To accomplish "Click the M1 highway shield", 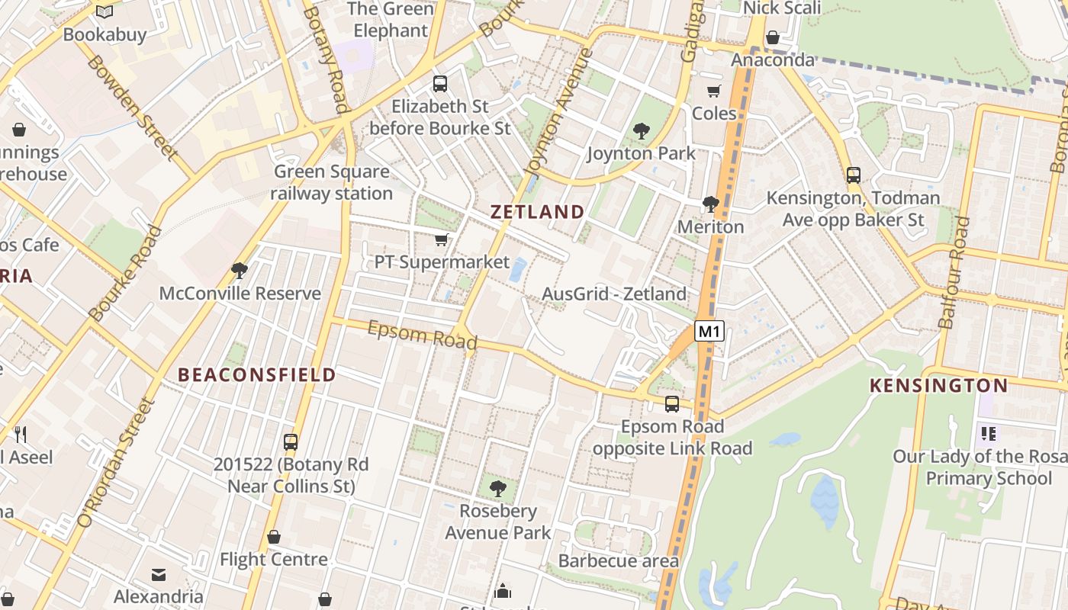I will tap(709, 331).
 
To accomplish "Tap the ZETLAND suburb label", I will tap(538, 212).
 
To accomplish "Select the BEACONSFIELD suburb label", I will tap(256, 374).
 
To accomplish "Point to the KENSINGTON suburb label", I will tap(938, 385).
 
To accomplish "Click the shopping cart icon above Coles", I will tap(713, 91).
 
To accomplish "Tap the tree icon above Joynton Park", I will tap(641, 131).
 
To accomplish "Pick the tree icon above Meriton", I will tap(710, 204).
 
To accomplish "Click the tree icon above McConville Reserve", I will tap(240, 271).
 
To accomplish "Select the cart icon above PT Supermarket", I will tap(441, 240).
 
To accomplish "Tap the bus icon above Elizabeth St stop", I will tap(440, 84).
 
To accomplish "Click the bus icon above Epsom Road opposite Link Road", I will tap(672, 404).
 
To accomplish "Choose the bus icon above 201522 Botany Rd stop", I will tap(291, 441).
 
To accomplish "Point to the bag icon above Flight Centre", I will tap(274, 538).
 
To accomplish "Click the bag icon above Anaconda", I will tap(773, 37).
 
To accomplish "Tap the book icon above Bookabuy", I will tap(105, 12).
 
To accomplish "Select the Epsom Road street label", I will tap(422, 335).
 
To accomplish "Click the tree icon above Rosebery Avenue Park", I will tap(497, 488).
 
